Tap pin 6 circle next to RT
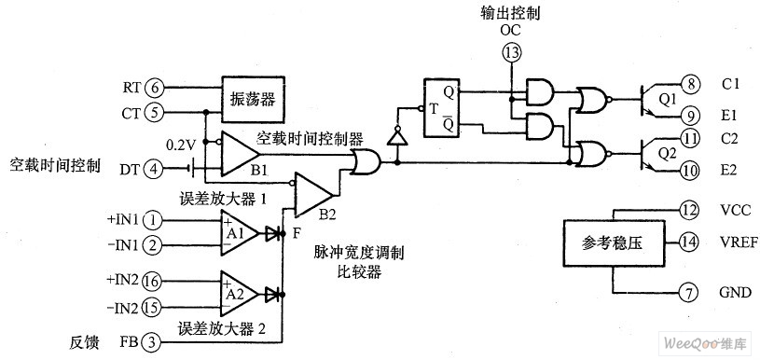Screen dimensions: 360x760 155,88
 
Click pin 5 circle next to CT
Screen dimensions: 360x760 155,112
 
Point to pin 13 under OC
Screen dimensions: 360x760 511,53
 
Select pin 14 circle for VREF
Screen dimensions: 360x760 688,242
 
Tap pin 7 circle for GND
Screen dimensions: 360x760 688,294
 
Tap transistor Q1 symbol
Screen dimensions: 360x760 652,100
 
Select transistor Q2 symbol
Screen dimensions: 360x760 652,151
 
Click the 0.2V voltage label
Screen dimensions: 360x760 179,146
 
